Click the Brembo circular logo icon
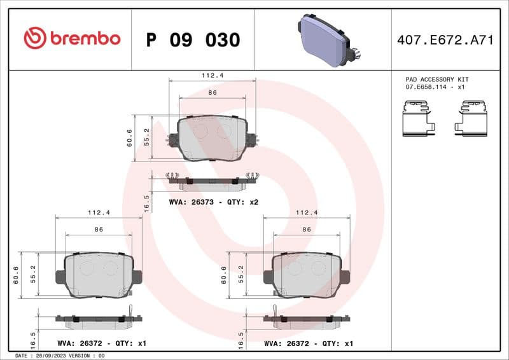pos(35,39)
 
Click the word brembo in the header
pos(85,39)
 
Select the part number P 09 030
pos(193,39)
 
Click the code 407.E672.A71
pos(445,40)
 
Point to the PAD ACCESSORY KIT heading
pos(437,80)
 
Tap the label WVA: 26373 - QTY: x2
pos(213,202)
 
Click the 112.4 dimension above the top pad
pos(212,75)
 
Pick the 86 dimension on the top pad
pos(213,93)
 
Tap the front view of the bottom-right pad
pos(306,275)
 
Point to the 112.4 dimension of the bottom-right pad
pos(306,212)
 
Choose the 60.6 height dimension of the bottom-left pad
pos(16,275)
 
